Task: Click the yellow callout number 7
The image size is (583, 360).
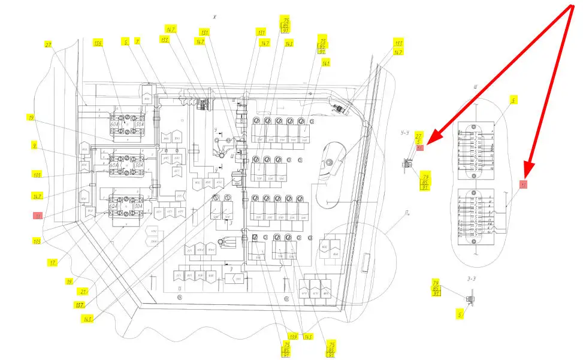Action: (137, 41)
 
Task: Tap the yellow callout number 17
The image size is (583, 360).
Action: (53, 262)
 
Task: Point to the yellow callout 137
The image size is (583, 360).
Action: (80, 305)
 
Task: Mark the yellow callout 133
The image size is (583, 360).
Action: (164, 39)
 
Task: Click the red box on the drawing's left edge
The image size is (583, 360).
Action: (38, 215)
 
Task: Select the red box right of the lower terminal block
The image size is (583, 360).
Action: (523, 184)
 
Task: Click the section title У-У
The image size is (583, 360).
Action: (408, 132)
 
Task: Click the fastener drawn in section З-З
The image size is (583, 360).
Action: (470, 298)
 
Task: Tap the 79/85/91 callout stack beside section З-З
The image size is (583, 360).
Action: (437, 288)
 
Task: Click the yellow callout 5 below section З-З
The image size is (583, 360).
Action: (460, 313)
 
